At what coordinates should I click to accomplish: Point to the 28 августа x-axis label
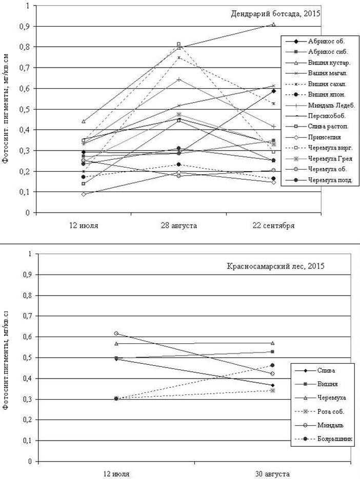click(x=179, y=224)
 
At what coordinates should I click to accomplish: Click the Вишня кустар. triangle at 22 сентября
click(x=273, y=24)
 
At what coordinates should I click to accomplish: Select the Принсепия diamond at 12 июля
click(x=84, y=194)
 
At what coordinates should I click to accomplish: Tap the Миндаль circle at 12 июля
click(x=116, y=333)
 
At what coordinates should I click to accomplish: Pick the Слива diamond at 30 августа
click(x=273, y=385)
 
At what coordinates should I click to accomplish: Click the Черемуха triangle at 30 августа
click(x=273, y=343)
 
